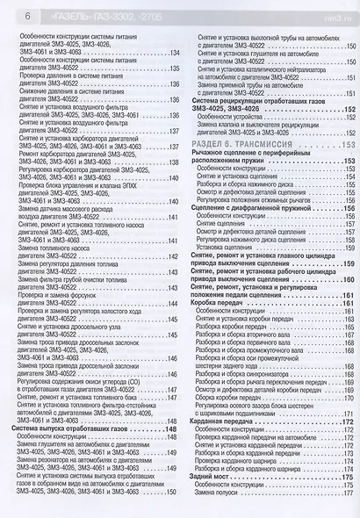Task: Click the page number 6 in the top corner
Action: tap(12, 14)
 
